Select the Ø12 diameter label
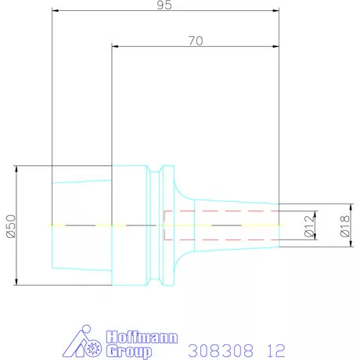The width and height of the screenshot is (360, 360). [x=309, y=225]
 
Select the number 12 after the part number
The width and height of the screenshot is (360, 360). [x=275, y=349]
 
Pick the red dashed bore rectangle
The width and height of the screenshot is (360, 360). [x=220, y=225]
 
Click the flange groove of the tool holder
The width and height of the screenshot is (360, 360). [x=161, y=225]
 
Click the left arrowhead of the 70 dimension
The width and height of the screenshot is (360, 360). [x=115, y=48]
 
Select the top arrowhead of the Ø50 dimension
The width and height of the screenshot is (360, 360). [x=16, y=169]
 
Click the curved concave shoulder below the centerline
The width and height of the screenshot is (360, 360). [x=182, y=258]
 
